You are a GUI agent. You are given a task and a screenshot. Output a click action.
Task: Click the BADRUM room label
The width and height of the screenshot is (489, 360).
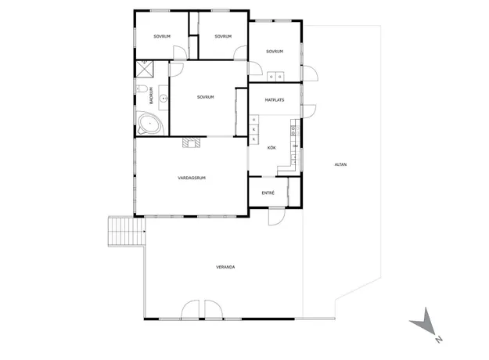(x=152, y=95)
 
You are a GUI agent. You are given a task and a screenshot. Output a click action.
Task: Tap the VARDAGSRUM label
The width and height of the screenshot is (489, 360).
(x=192, y=178)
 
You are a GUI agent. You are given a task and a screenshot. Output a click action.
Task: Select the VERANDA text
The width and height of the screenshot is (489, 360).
(x=225, y=267)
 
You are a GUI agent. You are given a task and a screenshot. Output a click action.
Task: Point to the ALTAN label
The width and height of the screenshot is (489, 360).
(x=340, y=164)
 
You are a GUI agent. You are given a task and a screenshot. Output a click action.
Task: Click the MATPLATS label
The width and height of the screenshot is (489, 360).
(x=275, y=100)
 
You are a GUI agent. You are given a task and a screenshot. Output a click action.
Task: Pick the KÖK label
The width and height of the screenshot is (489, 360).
(x=271, y=148)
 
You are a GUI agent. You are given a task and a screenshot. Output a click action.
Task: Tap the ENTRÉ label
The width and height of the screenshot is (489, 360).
(x=268, y=193)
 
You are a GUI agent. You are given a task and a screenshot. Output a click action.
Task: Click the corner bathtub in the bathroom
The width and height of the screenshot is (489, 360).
(x=150, y=124)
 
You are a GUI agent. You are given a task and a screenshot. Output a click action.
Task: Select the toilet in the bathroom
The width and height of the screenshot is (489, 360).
(x=142, y=89)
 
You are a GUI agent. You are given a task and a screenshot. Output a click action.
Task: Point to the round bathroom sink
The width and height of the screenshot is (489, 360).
(x=164, y=99)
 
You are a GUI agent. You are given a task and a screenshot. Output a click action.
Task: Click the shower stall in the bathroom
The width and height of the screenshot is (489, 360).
(x=145, y=69)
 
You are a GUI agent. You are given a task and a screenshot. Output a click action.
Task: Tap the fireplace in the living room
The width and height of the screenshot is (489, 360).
(x=192, y=142)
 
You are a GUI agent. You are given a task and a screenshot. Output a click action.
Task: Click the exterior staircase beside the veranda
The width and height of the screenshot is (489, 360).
(x=127, y=232)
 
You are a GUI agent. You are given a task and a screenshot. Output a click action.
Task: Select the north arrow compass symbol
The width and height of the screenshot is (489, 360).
(x=422, y=322)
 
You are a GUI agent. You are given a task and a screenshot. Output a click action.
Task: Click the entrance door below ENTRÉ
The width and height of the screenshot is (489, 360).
(x=277, y=216)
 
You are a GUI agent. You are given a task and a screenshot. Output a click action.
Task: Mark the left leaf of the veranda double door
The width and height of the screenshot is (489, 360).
(x=190, y=310)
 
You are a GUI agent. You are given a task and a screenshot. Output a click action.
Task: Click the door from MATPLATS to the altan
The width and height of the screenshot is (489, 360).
(x=309, y=111)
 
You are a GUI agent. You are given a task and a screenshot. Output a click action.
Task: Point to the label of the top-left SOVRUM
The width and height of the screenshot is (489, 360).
(x=162, y=37)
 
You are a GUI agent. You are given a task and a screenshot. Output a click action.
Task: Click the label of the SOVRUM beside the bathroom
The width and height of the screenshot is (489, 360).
(x=206, y=97)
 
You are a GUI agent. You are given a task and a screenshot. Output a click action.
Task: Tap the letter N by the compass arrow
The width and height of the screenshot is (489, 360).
(x=439, y=340)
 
